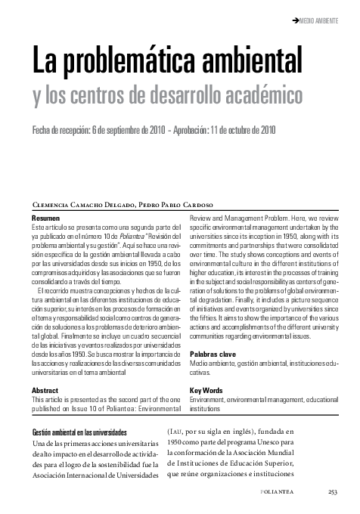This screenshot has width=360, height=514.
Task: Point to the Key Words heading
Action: click(x=206, y=391)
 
